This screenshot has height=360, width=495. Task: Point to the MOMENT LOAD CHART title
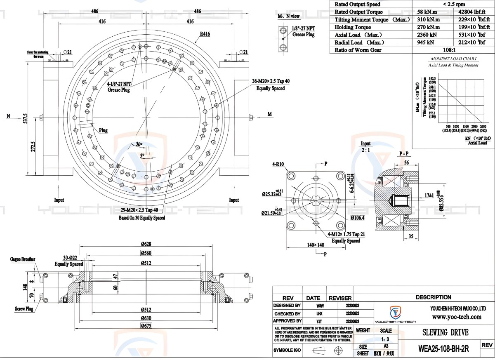pyautogui.click(x=453, y=59)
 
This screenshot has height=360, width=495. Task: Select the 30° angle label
pyautogui.click(x=138, y=144)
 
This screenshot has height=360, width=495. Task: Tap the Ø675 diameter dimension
pyautogui.click(x=146, y=326)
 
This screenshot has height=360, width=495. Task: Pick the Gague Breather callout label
pyautogui.click(x=23, y=259)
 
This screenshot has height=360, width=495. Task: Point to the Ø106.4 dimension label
pyautogui.click(x=357, y=217)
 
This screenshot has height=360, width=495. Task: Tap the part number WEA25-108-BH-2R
pyautogui.click(x=443, y=348)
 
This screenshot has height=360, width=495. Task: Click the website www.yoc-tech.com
pyautogui.click(x=457, y=317)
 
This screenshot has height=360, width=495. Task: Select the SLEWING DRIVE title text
pyautogui.click(x=445, y=333)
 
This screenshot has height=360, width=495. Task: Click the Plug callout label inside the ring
pyautogui.click(x=103, y=130)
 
